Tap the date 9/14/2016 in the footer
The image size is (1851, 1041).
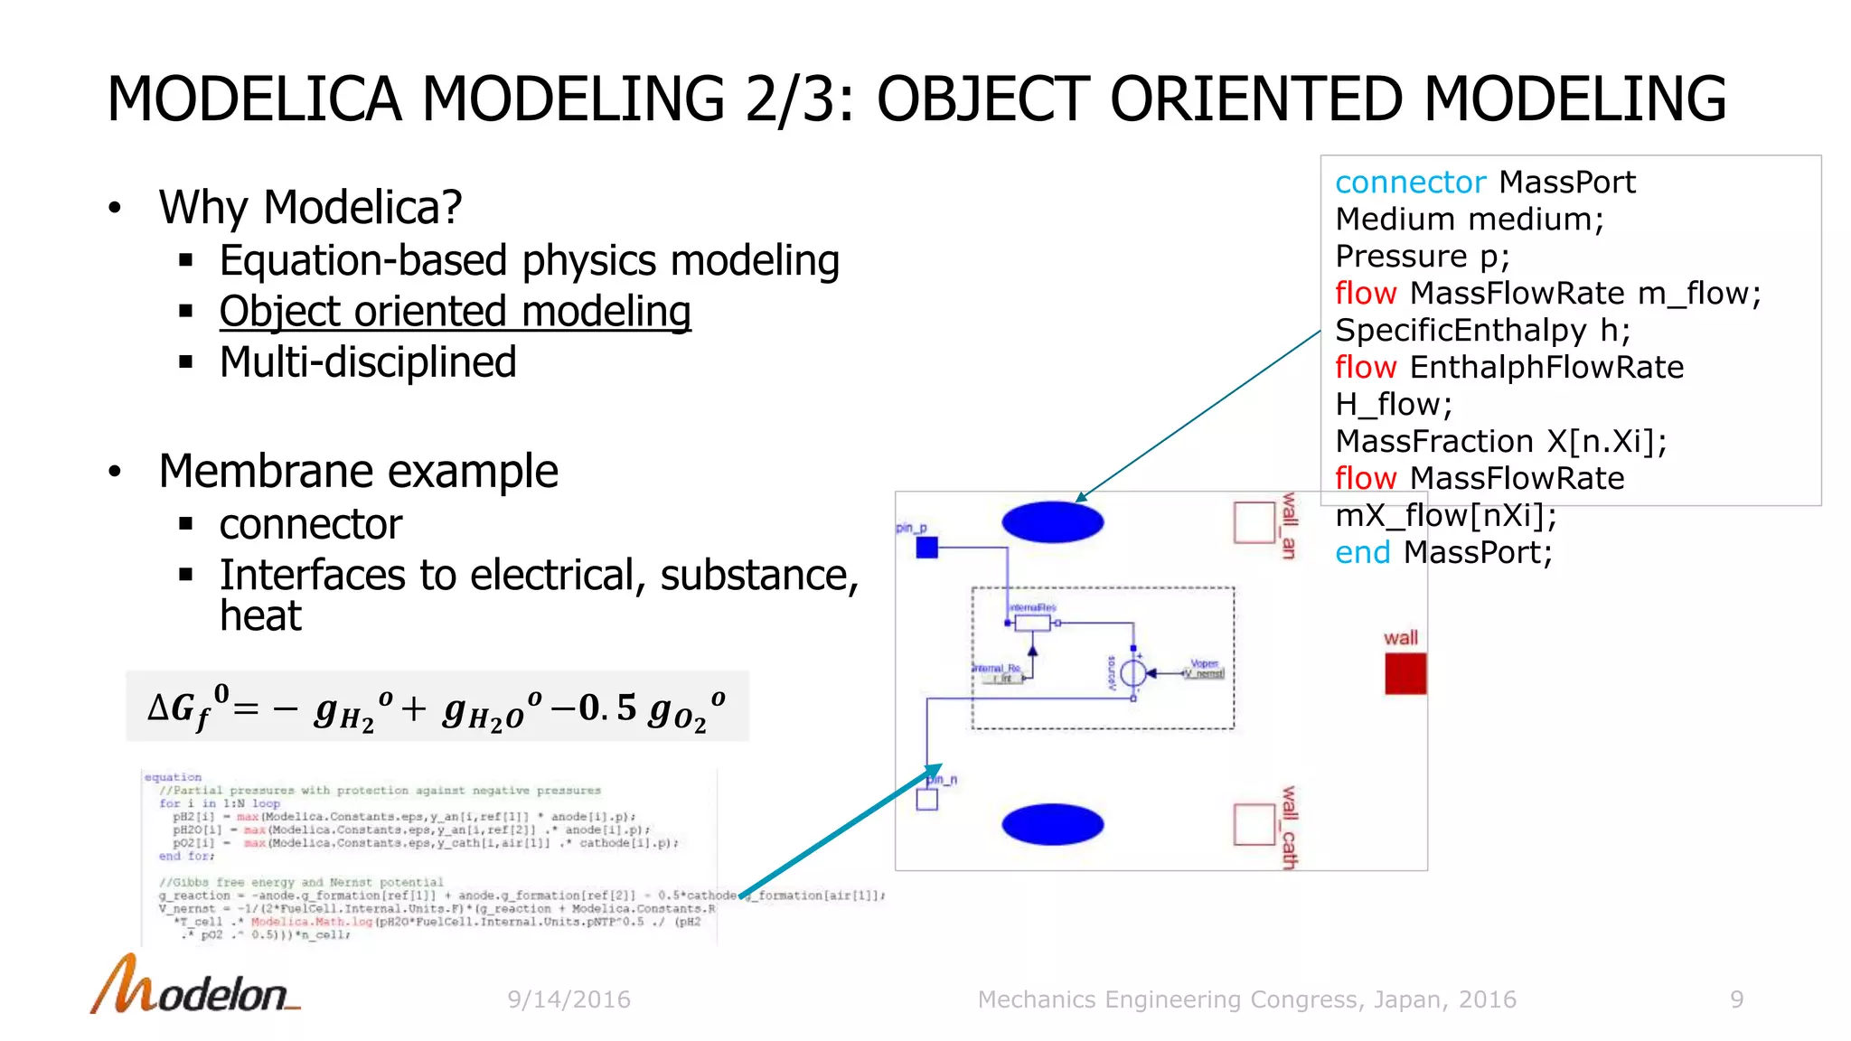(568, 999)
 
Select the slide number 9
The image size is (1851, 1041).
(1736, 999)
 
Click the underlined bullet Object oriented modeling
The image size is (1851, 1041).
(455, 312)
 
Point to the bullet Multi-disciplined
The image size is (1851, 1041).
(368, 362)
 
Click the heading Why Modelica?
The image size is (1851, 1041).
(310, 207)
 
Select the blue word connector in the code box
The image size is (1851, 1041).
(1409, 183)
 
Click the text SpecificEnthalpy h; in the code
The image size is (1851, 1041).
(1482, 331)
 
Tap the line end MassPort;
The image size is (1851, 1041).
(1443, 552)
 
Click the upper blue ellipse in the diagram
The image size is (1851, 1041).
(1052, 522)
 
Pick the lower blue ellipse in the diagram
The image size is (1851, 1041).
(1052, 824)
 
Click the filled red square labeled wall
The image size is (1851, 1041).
(1405, 674)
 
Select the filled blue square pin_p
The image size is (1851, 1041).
(926, 548)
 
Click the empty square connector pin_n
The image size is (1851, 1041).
(926, 800)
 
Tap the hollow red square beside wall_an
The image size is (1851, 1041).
(1254, 522)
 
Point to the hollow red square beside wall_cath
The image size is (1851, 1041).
(1254, 824)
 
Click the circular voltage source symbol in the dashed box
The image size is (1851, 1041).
(1132, 673)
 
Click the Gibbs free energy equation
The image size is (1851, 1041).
(437, 708)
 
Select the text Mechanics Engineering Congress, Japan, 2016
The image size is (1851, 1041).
(1246, 999)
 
